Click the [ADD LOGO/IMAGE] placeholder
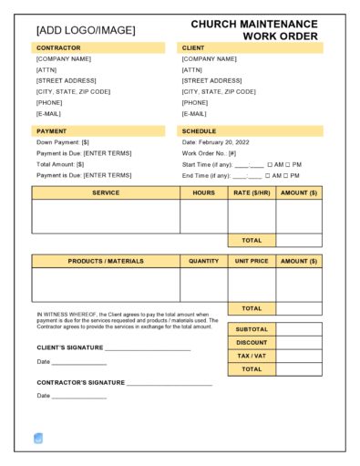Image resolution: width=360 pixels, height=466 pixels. click(x=85, y=30)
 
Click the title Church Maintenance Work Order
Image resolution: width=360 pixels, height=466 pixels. click(x=254, y=30)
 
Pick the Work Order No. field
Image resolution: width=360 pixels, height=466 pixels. click(x=211, y=153)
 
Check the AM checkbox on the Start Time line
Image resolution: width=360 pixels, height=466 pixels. click(x=270, y=164)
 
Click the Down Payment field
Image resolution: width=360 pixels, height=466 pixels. click(x=63, y=142)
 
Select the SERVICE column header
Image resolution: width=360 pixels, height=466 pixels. click(x=106, y=193)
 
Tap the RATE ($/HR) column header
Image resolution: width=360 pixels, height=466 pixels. click(x=252, y=193)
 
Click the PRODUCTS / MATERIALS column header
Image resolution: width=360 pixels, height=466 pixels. click(x=106, y=262)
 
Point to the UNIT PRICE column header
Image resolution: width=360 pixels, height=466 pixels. click(x=252, y=262)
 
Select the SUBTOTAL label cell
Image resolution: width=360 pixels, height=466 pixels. click(x=252, y=329)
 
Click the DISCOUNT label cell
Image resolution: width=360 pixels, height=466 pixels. click(x=252, y=343)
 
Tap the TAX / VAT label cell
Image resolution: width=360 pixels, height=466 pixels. click(x=252, y=356)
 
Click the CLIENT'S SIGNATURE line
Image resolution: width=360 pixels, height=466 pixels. click(x=148, y=347)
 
